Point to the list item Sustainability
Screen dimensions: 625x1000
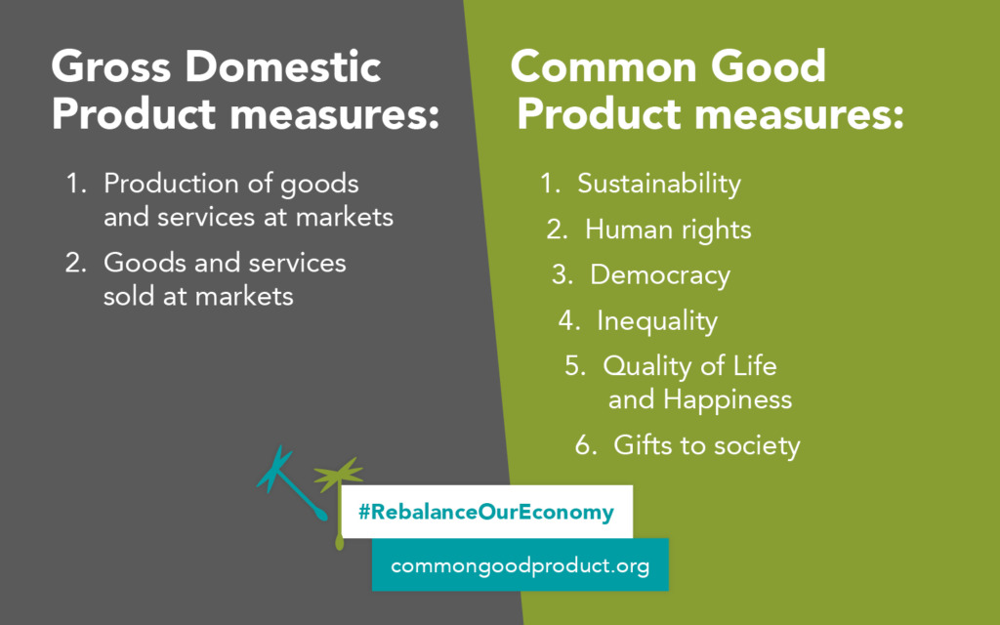pyautogui.click(x=659, y=184)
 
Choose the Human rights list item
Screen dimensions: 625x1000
pyautogui.click(x=668, y=229)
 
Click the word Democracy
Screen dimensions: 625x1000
pyautogui.click(x=660, y=275)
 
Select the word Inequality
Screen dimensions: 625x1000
pyautogui.click(x=657, y=320)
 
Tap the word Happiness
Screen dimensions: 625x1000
pyautogui.click(x=728, y=399)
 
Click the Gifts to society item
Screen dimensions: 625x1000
pyautogui.click(x=706, y=446)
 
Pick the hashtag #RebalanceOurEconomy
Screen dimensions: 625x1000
pyautogui.click(x=485, y=512)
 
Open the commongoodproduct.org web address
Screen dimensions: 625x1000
pyautogui.click(x=520, y=565)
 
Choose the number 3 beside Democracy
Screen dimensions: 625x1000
pyautogui.click(x=561, y=275)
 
